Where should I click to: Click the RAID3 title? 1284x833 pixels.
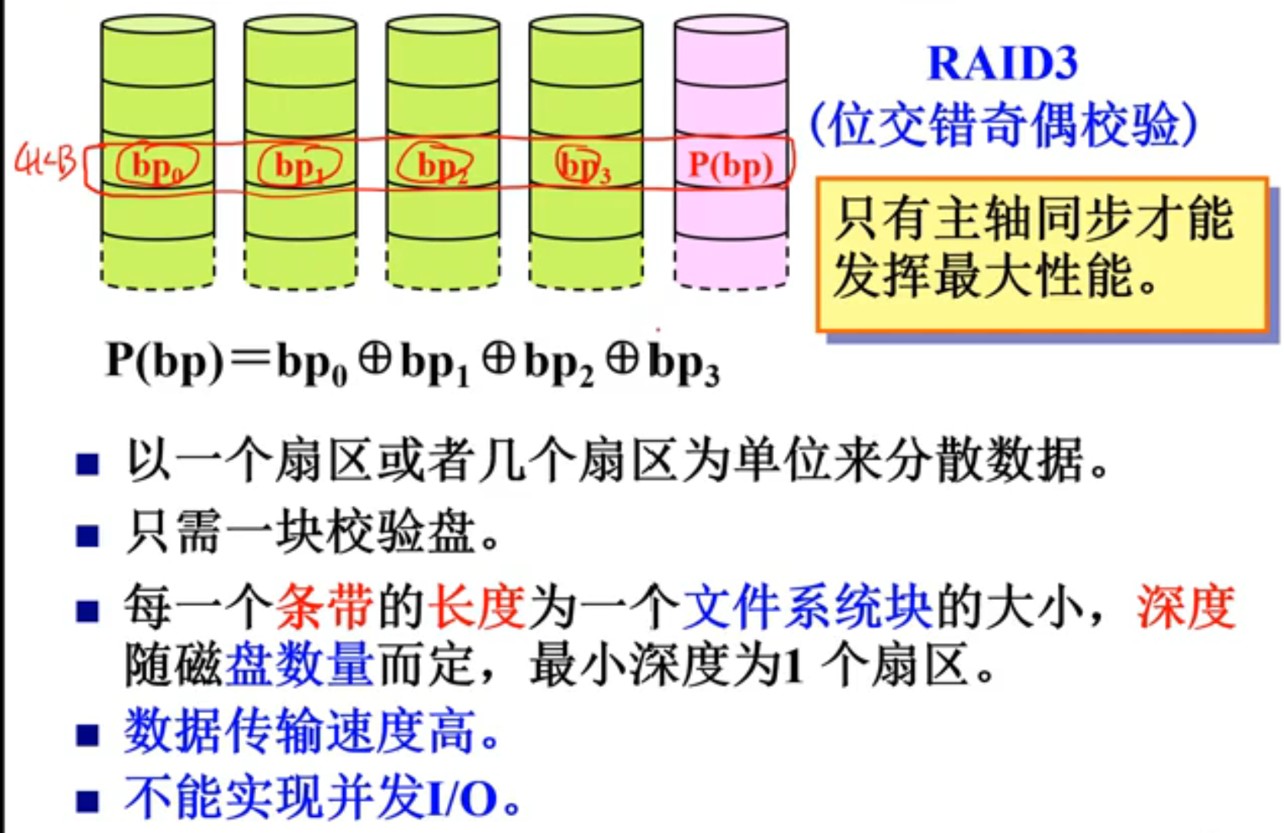(1002, 63)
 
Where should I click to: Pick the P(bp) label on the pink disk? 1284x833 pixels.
(730, 165)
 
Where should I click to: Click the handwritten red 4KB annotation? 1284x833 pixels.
(46, 162)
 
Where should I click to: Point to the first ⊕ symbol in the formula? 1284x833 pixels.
(375, 360)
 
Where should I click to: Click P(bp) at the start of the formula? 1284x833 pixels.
(165, 360)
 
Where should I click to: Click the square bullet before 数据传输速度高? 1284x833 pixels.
(88, 735)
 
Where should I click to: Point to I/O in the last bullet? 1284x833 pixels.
(462, 798)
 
